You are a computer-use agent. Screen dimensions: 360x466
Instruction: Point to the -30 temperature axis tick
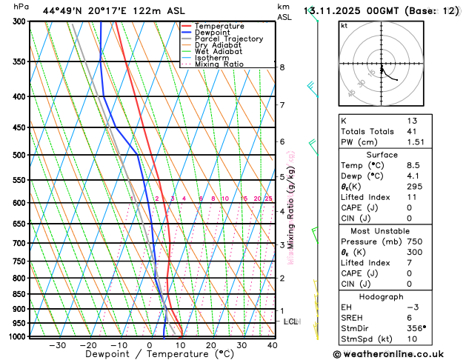[57, 345]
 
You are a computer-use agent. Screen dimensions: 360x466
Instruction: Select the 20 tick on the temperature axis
[211, 345]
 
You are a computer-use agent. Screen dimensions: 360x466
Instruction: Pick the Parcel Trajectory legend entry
[228, 39]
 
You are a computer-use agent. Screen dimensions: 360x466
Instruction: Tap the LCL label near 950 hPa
[291, 321]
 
